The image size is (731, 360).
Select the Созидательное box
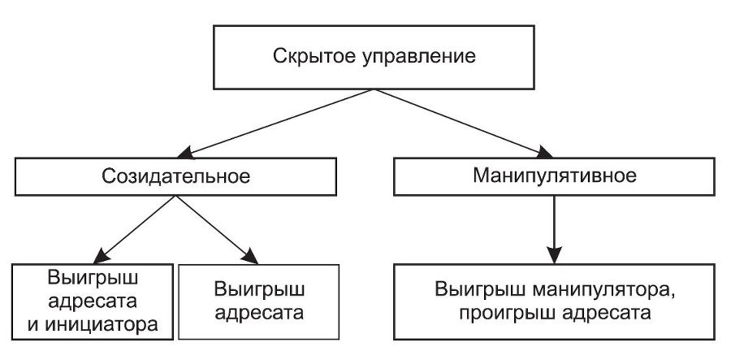pos(175,176)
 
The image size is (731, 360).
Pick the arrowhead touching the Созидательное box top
pos(189,153)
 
